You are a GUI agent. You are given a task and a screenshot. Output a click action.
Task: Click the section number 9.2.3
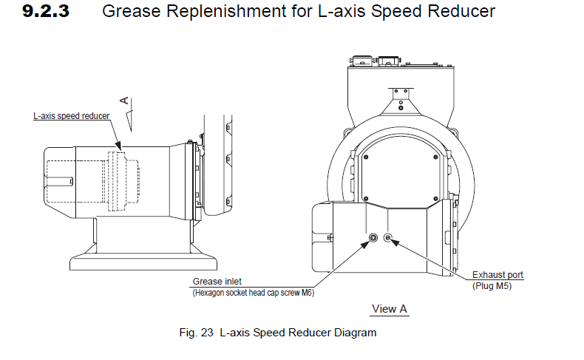pos(47,12)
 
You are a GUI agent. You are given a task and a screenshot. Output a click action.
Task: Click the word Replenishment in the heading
pos(209,12)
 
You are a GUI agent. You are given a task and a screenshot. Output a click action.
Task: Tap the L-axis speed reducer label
pos(71,116)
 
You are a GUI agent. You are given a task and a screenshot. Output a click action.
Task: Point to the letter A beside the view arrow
pos(125,98)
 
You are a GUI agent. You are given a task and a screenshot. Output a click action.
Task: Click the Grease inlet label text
pos(217,282)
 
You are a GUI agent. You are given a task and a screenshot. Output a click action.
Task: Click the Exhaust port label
pos(498,275)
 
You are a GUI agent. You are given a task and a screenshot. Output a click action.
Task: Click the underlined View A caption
pos(390,309)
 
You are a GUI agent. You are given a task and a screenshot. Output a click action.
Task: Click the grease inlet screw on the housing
pos(373,237)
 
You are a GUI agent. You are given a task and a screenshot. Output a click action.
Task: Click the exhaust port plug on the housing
pos(390,237)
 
